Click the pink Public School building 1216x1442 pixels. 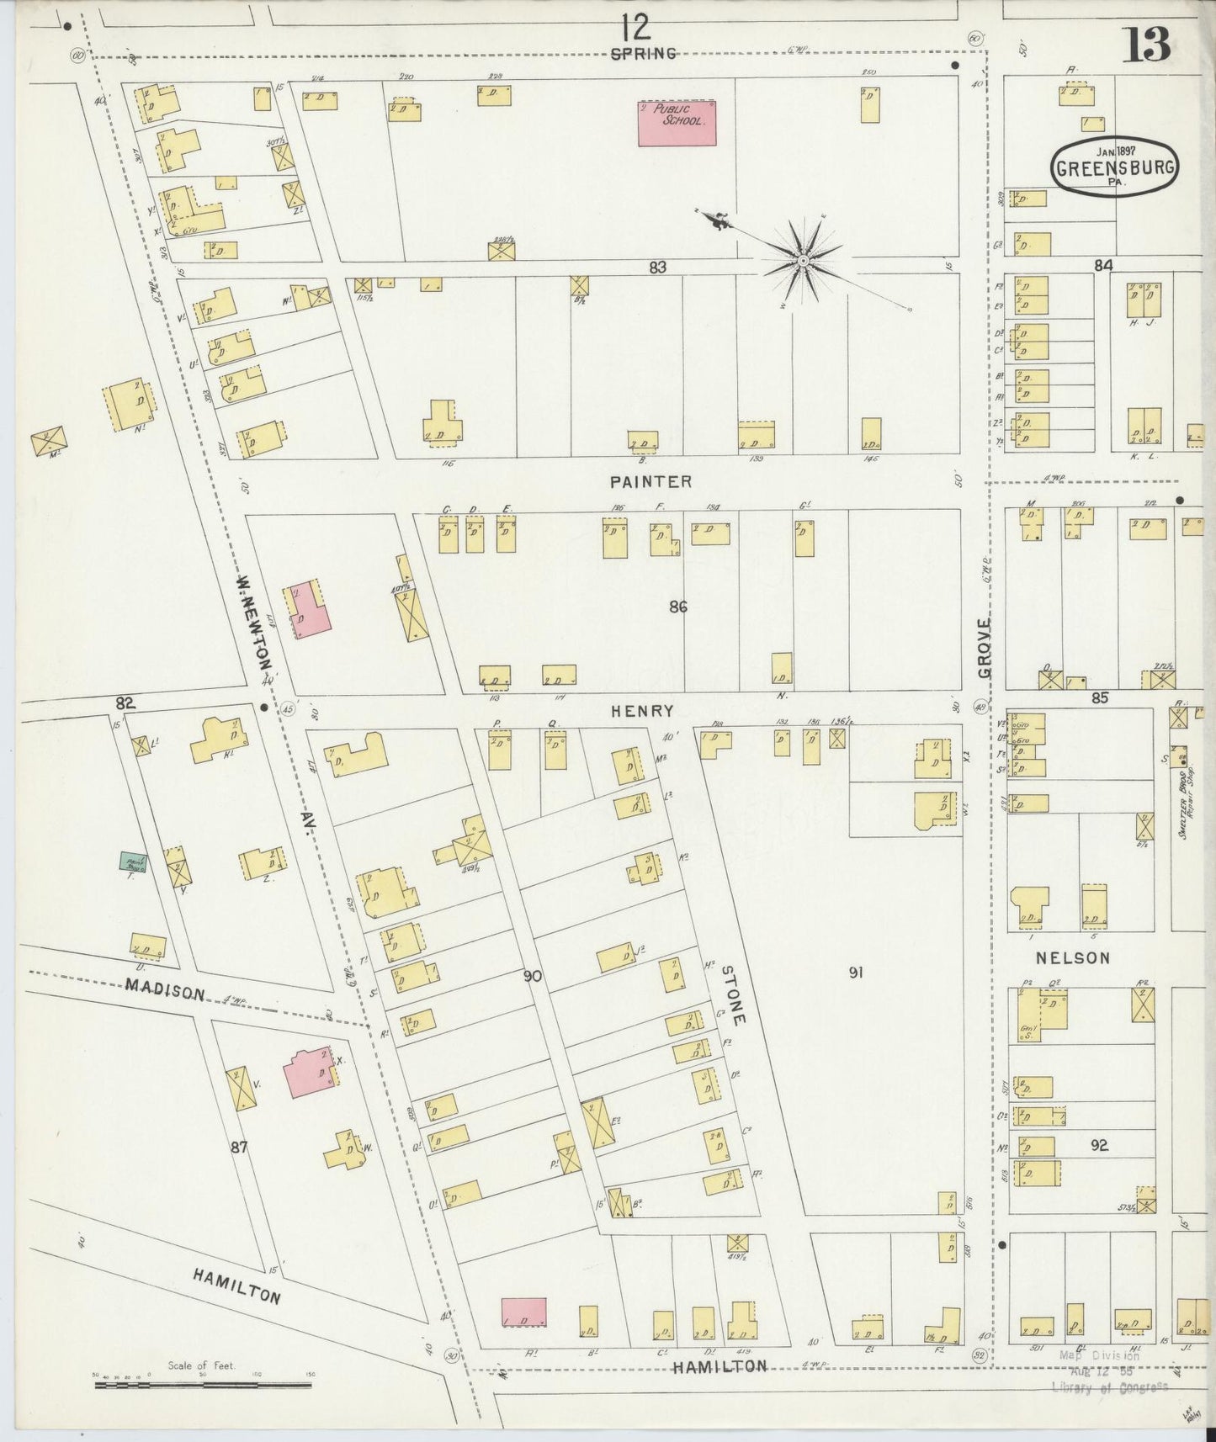point(677,123)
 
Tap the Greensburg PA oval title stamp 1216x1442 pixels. point(1113,167)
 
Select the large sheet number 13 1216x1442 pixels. point(1146,46)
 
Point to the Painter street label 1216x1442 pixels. point(651,482)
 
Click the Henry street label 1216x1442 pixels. point(642,711)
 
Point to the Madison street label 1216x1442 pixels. point(165,989)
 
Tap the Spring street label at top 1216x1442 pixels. point(643,53)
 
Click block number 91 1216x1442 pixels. point(857,973)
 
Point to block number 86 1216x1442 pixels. point(678,605)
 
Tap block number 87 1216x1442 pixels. point(239,1146)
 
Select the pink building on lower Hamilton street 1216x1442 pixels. point(523,1313)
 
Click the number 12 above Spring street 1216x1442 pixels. point(636,29)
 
